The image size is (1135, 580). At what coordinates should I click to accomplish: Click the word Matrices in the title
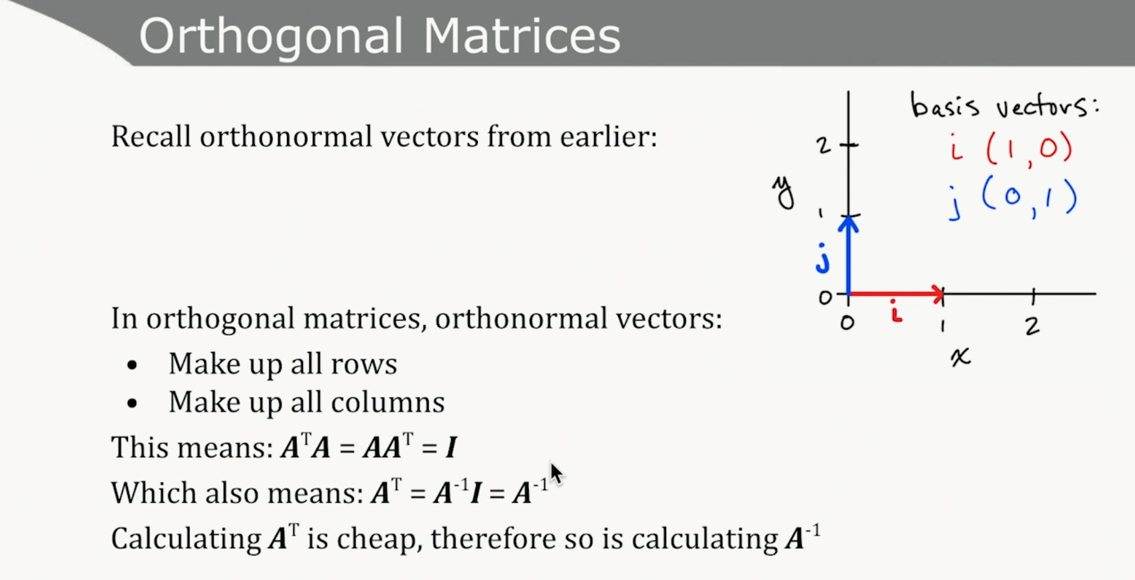[522, 35]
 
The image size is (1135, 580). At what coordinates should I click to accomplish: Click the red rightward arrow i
[896, 294]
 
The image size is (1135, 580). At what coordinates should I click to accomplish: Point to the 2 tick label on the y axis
[824, 146]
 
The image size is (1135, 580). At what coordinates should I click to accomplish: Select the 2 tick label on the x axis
[1032, 326]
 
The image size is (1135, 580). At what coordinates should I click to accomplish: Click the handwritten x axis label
[961, 357]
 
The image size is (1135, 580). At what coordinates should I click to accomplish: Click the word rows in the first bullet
[363, 364]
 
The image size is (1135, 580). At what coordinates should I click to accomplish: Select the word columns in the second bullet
[387, 402]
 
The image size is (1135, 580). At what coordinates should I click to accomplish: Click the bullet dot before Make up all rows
[132, 365]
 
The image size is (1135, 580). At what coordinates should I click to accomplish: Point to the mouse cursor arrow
[556, 473]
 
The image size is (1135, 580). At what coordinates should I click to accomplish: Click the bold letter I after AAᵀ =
[451, 448]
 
